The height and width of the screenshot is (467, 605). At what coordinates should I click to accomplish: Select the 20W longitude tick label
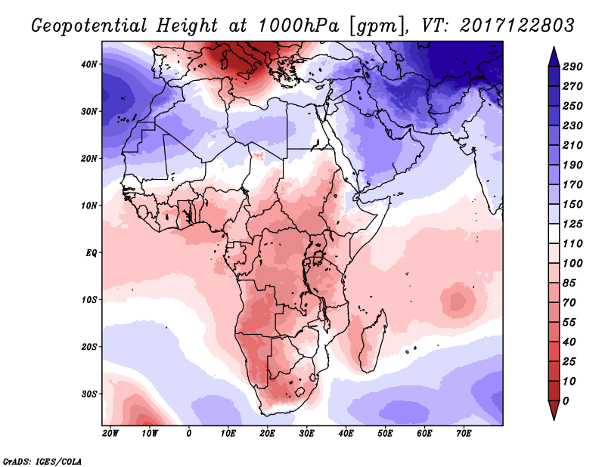coord(110,433)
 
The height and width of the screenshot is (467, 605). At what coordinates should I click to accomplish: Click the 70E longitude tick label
coord(464,433)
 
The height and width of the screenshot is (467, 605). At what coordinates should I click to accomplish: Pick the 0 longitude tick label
coord(188,433)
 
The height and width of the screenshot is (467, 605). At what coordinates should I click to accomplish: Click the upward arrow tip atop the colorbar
coord(553,51)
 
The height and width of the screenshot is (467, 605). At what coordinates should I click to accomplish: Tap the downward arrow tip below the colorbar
coord(553,415)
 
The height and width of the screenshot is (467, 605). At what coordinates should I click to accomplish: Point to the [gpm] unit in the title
coord(372,26)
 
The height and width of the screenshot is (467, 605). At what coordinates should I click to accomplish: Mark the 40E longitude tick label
coord(346,433)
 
